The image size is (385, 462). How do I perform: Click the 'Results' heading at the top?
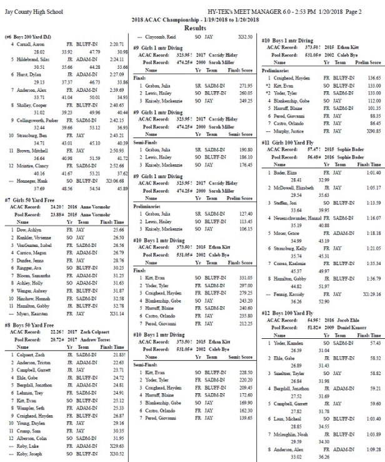tap(192, 28)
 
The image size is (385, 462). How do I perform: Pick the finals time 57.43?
tap(374, 344)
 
